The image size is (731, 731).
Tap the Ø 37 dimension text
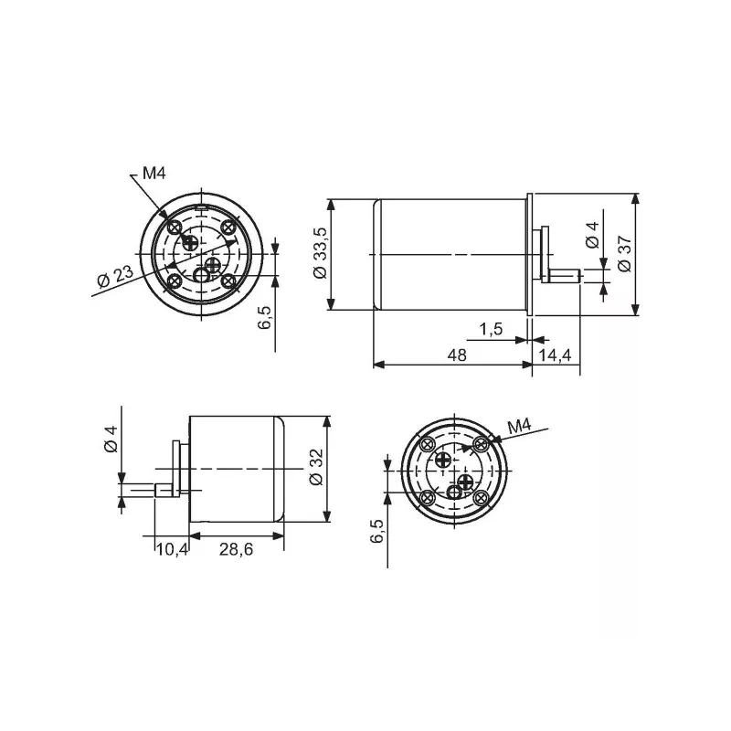pos(624,252)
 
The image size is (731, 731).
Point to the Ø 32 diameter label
pos(316,469)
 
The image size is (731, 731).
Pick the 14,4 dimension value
pos(556,355)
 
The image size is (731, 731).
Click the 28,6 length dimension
pos(238,548)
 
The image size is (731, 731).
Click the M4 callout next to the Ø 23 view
pos(153,174)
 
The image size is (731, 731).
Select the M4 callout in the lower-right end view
pos(519,426)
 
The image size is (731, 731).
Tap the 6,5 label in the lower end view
pos(377,532)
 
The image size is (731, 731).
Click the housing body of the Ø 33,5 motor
pos(452,254)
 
